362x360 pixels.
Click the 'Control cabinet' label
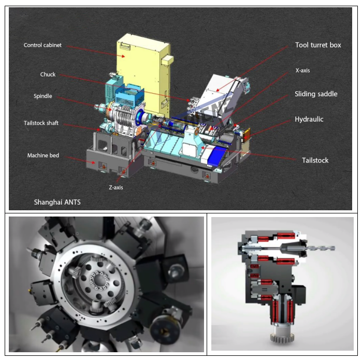pos(42,45)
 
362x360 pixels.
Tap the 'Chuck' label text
pos(48,75)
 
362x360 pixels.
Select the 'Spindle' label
pos(43,96)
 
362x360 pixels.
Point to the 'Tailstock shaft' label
pos(41,123)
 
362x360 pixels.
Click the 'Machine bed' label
pos(43,155)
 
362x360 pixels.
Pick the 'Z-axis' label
pos(116,188)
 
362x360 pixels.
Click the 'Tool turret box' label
pos(318,45)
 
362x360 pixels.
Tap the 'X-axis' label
pos(302,70)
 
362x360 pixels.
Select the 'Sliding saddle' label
pos(316,94)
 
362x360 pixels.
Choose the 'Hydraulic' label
pos(309,119)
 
